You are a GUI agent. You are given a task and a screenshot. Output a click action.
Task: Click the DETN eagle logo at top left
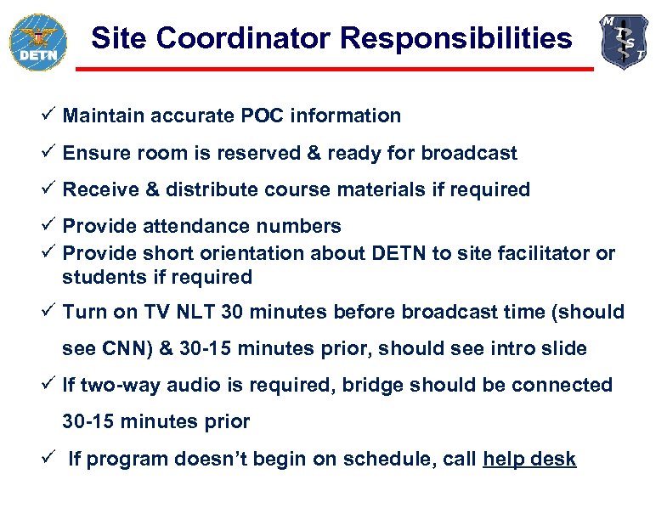click(x=36, y=41)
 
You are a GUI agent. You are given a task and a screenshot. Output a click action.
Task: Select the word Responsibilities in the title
click(x=455, y=38)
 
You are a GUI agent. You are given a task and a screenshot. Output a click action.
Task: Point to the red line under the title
click(x=334, y=69)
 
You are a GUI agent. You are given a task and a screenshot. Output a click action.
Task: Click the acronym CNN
click(x=118, y=348)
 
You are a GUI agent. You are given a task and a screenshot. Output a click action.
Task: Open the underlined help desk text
click(x=529, y=460)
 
